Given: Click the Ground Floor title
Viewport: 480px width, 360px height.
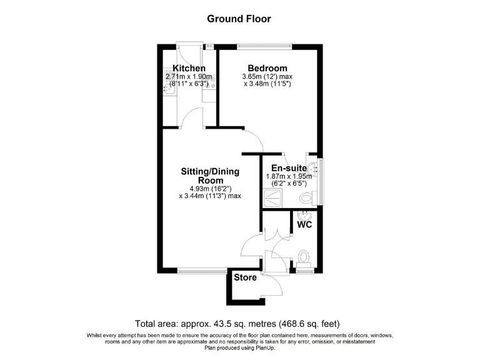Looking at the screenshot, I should click(x=239, y=19).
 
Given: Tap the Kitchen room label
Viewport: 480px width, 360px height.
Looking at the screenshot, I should click(x=189, y=68).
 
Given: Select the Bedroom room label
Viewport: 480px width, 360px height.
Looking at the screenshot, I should click(x=267, y=68).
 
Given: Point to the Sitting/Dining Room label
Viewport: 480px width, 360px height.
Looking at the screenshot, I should click(x=210, y=176).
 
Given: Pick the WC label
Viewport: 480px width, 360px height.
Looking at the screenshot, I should click(x=304, y=224).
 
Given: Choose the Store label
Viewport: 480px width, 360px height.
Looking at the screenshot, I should click(x=246, y=277).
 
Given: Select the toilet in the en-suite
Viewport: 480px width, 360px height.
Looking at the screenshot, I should click(x=306, y=197).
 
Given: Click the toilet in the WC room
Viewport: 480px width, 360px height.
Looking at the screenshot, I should click(x=304, y=256).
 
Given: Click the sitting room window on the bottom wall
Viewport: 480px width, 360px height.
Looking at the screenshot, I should click(x=202, y=271).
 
